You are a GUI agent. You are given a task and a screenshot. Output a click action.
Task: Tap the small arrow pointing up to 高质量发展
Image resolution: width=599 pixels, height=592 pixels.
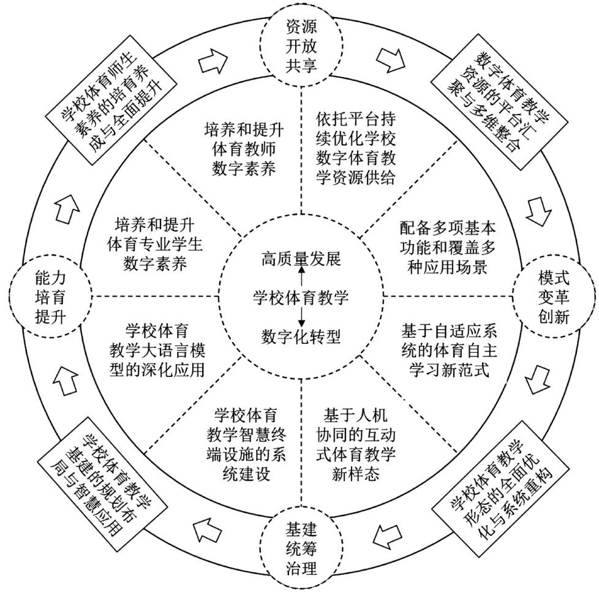301,273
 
